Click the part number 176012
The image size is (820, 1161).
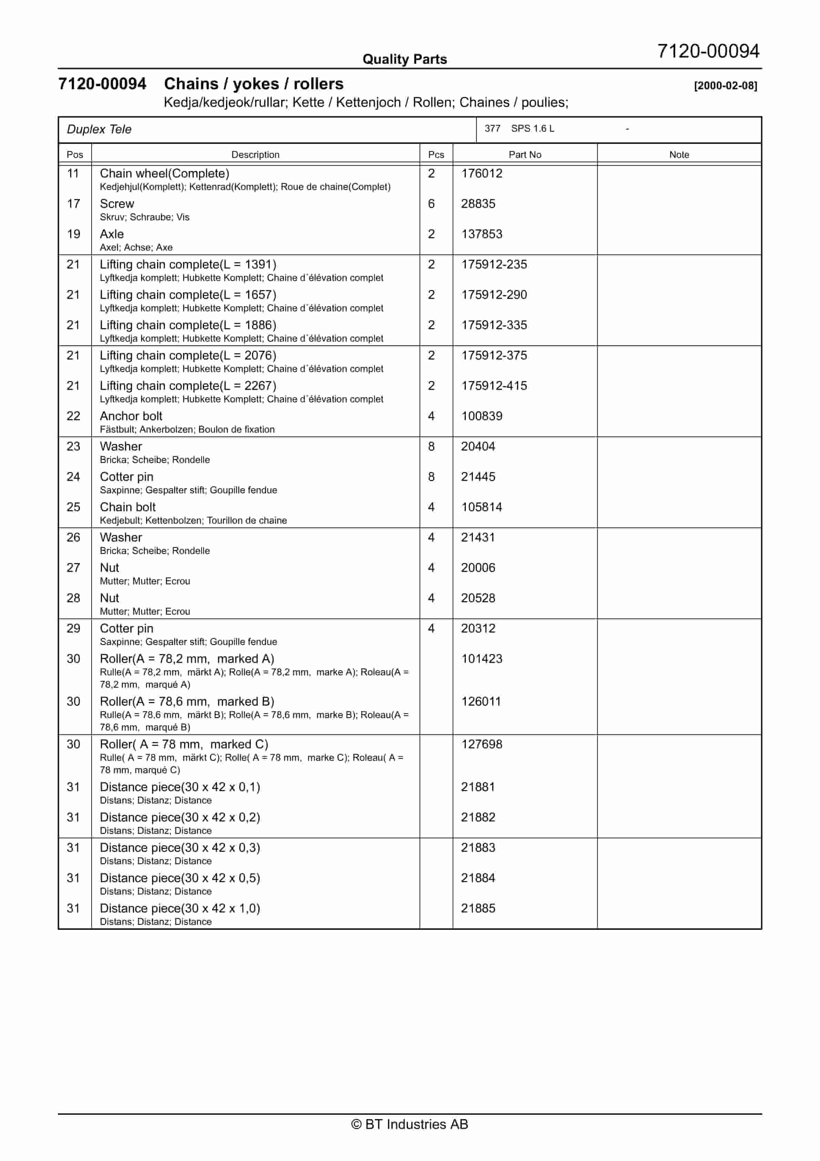pyautogui.click(x=481, y=173)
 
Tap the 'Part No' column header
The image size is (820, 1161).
pyautogui.click(x=524, y=155)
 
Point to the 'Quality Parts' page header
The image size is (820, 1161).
pyautogui.click(x=404, y=59)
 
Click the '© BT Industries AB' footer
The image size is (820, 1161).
pyautogui.click(x=410, y=1124)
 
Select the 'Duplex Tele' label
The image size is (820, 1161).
pyautogui.click(x=99, y=130)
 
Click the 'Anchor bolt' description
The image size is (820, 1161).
pyautogui.click(x=131, y=416)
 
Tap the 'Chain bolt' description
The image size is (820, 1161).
pyautogui.click(x=127, y=507)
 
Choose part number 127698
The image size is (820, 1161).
pyautogui.click(x=481, y=744)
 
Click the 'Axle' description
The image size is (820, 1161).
pyautogui.click(x=112, y=234)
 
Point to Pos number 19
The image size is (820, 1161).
pyautogui.click(x=74, y=234)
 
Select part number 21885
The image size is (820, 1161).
pyautogui.click(x=478, y=908)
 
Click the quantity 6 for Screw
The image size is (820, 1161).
pyautogui.click(x=431, y=204)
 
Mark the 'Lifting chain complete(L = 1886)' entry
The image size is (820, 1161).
pyautogui.click(x=187, y=325)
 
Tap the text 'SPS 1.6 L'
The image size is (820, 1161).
pyautogui.click(x=532, y=129)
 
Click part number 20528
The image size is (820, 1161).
pyautogui.click(x=478, y=598)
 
